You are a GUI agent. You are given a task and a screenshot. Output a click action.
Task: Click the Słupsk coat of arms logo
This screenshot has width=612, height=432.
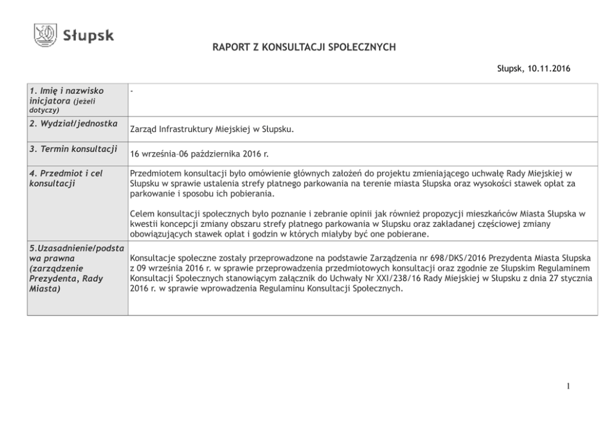coord(45,35)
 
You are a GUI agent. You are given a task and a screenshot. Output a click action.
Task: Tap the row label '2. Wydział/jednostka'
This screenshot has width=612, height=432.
coord(73,124)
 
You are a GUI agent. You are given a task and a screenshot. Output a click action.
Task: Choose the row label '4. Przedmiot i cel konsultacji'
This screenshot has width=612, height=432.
coord(66,178)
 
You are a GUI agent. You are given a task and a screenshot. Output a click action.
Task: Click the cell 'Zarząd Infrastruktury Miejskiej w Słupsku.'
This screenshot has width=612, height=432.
coord(212,130)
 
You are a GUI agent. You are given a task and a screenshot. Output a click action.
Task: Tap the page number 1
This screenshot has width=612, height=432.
coord(568,386)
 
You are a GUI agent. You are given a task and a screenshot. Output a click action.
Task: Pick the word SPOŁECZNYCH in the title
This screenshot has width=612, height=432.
coord(363,47)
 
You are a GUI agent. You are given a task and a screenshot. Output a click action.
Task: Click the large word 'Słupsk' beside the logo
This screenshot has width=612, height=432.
coord(88,36)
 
